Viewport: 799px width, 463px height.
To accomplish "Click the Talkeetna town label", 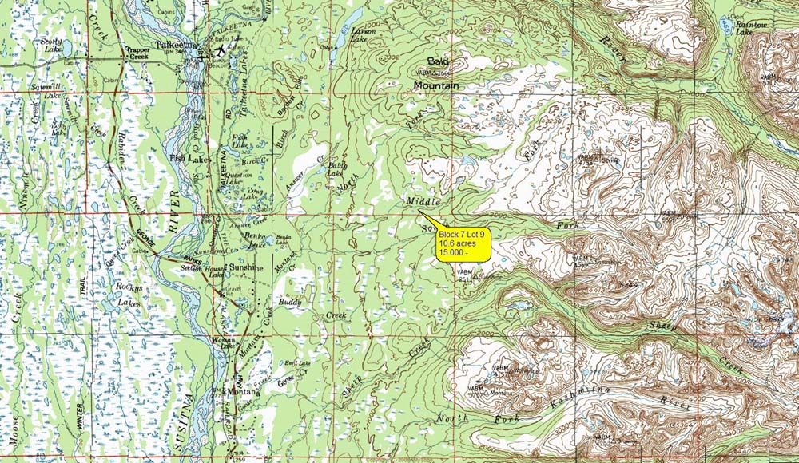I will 175,45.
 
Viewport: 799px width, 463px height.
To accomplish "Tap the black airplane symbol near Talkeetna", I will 220,53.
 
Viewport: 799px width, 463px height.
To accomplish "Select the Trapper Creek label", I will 133,54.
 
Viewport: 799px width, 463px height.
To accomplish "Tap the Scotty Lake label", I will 52,45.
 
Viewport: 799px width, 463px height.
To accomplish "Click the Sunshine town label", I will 246,267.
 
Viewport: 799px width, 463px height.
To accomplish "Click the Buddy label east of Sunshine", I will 288,303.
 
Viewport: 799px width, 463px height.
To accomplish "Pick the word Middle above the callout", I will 423,201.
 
